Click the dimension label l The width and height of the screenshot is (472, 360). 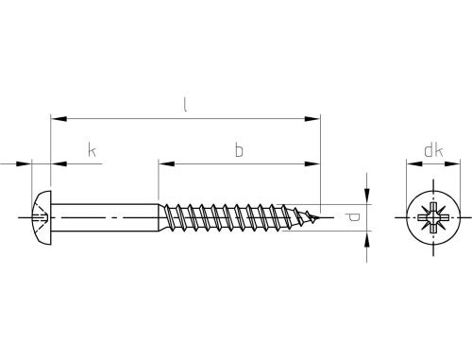(x=185, y=105)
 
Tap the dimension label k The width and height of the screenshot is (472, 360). (x=92, y=150)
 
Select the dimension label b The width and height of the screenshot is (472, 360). (x=239, y=150)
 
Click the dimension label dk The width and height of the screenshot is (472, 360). (x=433, y=150)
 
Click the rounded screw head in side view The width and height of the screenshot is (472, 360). (x=42, y=217)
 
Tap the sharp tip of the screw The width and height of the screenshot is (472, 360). (x=320, y=217)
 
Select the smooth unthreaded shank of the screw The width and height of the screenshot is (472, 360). (x=104, y=217)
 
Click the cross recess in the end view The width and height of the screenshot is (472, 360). (x=433, y=217)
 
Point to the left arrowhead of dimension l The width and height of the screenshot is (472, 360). (x=59, y=119)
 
